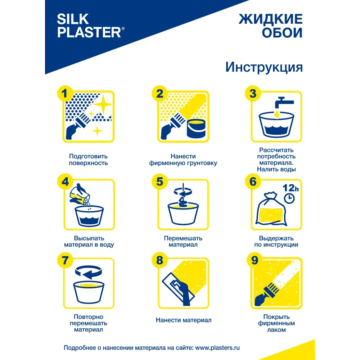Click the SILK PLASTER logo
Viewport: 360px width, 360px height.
(91, 26)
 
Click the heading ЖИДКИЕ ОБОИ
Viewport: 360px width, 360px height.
(270, 26)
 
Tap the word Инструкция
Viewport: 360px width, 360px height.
(264, 67)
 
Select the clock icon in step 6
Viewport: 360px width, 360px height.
(289, 198)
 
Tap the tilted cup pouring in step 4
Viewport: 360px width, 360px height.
(80, 195)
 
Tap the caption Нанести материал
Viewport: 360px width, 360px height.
(183, 320)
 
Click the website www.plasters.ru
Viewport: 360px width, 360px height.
(217, 348)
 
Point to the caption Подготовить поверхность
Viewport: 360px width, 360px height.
(88, 159)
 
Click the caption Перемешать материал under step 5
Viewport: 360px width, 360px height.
(183, 241)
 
